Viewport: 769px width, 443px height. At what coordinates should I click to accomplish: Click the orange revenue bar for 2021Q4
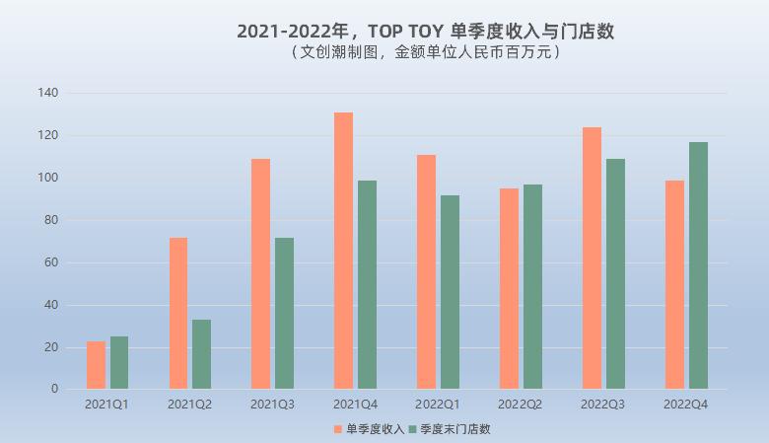click(343, 251)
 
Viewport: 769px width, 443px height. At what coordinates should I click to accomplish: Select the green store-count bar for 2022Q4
click(698, 265)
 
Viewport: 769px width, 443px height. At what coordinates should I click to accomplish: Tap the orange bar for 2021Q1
click(96, 365)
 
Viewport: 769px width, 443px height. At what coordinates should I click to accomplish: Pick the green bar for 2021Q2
click(201, 354)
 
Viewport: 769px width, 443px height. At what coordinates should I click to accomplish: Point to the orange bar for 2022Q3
click(592, 258)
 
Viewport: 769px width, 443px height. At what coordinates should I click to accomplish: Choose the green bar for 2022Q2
click(532, 286)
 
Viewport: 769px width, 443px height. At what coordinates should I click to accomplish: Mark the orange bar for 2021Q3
click(260, 273)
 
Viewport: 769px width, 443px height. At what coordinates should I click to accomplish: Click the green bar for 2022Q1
click(451, 292)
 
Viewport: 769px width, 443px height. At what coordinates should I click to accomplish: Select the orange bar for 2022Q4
click(674, 284)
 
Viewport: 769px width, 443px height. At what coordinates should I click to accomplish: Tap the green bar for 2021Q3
click(285, 314)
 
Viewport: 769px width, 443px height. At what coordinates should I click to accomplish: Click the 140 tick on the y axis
click(48, 92)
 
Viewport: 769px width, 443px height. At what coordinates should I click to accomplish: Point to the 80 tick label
click(51, 220)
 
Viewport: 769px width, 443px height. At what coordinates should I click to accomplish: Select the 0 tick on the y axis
click(54, 389)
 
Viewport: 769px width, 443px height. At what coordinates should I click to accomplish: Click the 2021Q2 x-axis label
click(189, 405)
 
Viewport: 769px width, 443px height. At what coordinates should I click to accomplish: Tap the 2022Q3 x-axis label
click(602, 405)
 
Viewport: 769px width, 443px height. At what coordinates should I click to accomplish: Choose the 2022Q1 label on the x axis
click(438, 405)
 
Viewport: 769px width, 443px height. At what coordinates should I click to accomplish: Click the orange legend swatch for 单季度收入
click(338, 429)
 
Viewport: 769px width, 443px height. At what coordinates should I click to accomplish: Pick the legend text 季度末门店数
click(455, 429)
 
